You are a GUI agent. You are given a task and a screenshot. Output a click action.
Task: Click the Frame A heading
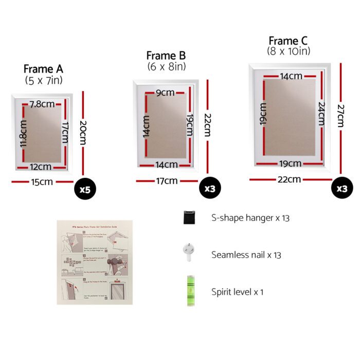tap(43, 69)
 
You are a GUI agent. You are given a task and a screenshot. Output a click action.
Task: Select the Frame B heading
tap(166, 56)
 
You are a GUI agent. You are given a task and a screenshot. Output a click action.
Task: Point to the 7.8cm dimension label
tap(42, 104)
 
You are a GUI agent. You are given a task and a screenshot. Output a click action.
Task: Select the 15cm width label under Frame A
tap(43, 181)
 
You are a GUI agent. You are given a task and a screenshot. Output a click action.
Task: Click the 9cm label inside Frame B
tap(166, 93)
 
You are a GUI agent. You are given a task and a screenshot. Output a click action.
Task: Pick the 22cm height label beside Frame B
tap(207, 124)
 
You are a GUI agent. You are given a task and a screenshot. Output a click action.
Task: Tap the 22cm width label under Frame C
tap(290, 179)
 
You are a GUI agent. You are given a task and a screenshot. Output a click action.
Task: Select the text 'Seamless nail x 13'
tap(246, 255)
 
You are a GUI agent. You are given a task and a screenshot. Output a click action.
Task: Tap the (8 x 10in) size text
tap(289, 51)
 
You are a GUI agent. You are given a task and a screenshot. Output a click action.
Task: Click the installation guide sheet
tap(95, 262)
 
